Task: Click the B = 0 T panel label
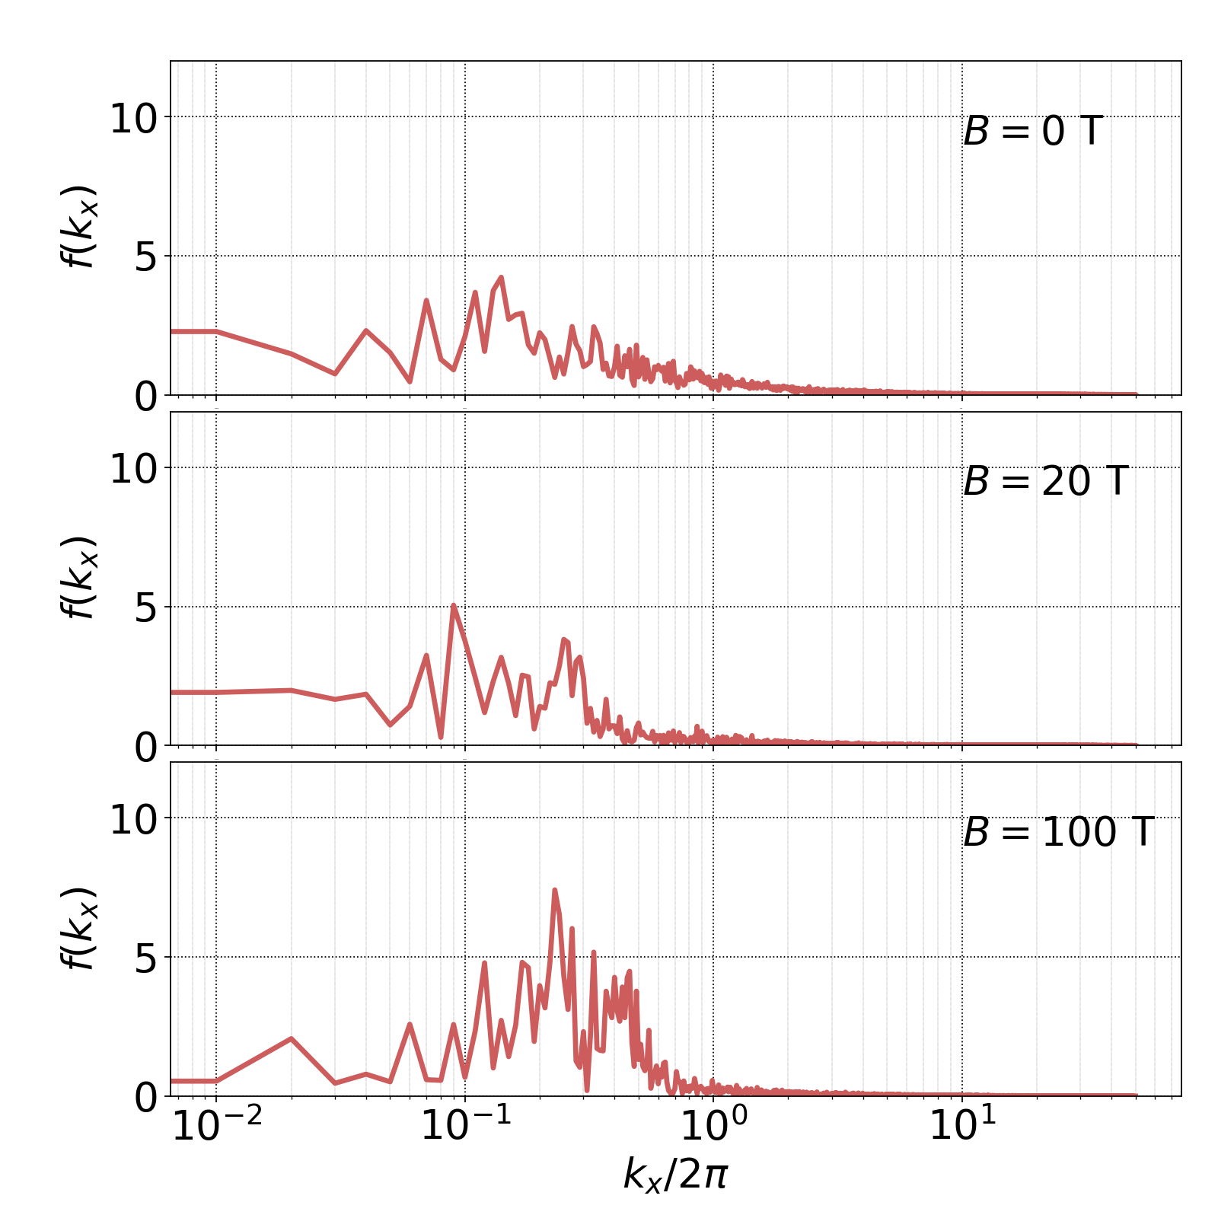point(1032,132)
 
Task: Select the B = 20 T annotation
point(1045,482)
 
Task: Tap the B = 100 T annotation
point(1058,832)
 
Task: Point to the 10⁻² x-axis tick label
point(217,1127)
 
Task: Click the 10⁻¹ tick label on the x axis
point(465,1127)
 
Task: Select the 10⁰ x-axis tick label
point(713,1127)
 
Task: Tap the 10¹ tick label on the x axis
point(962,1127)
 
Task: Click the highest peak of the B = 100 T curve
point(554,889)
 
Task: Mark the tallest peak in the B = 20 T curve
point(453,605)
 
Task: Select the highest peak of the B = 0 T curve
point(501,277)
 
